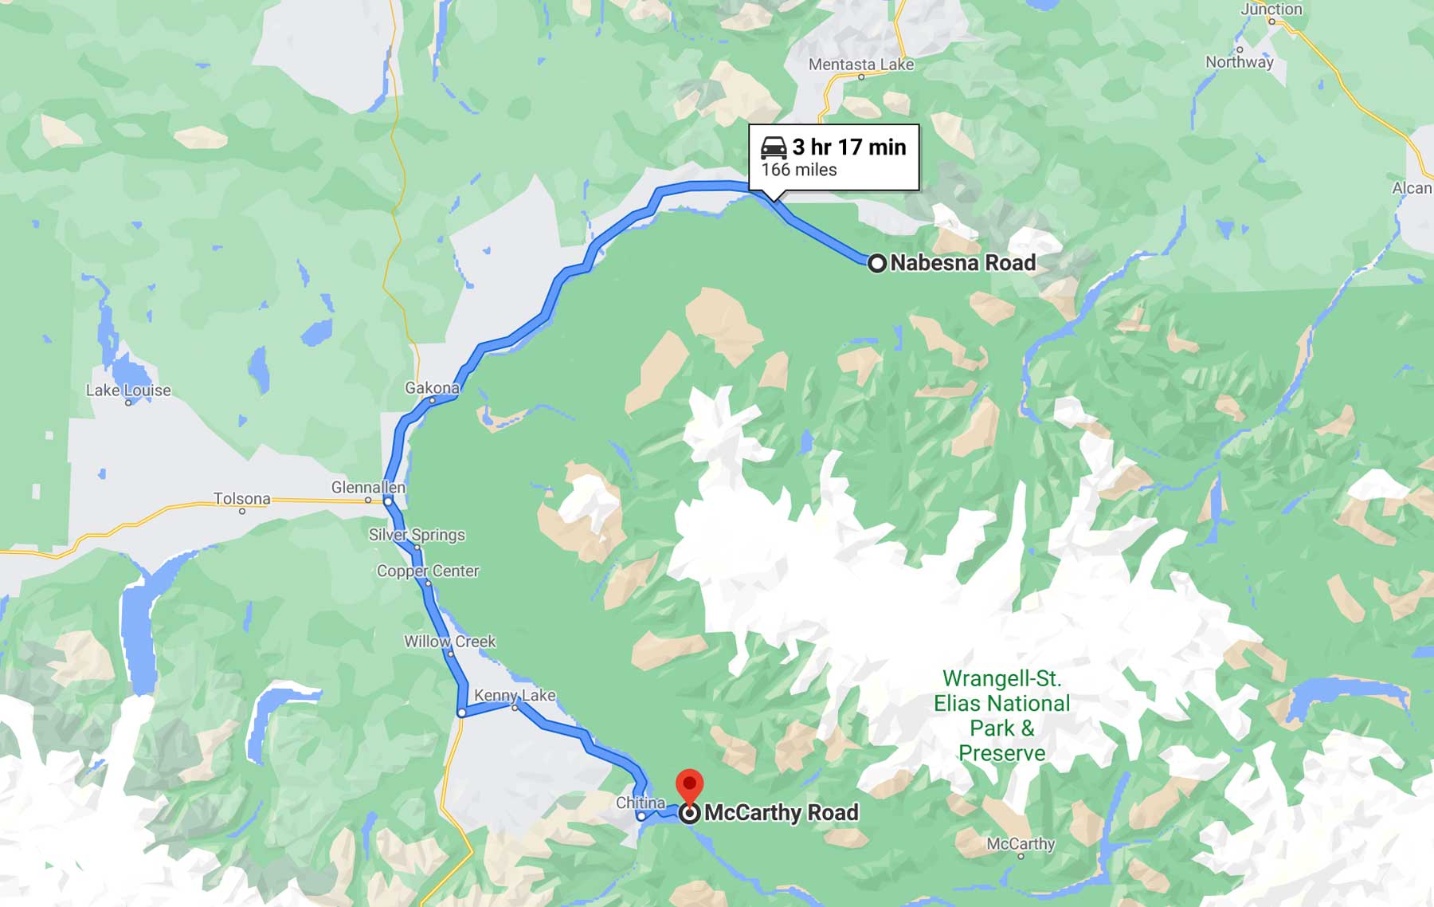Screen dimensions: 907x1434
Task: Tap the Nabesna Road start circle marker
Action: (876, 263)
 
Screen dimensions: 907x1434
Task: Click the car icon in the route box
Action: (774, 147)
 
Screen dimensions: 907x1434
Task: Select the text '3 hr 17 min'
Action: (849, 147)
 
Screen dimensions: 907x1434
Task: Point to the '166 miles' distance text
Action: (799, 170)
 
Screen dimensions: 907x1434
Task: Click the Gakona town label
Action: (432, 388)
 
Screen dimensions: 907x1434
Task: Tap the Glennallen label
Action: (368, 487)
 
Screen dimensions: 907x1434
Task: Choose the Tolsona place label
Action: (241, 499)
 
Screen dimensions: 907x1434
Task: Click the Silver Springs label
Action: (417, 535)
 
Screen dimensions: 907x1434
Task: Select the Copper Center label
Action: (428, 571)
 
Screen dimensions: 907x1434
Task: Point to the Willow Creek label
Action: (449, 642)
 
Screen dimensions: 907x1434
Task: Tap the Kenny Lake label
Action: (515, 695)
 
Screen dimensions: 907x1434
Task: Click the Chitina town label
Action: (641, 803)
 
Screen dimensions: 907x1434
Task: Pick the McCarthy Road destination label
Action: (782, 813)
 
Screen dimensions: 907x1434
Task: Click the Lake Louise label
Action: (128, 391)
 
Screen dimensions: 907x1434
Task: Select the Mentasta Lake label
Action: (861, 65)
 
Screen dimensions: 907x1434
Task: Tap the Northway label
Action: (1239, 62)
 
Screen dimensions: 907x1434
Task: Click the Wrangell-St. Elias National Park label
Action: (1001, 716)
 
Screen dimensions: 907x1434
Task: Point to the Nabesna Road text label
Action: (962, 263)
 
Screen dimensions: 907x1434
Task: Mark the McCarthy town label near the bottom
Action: (1021, 843)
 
